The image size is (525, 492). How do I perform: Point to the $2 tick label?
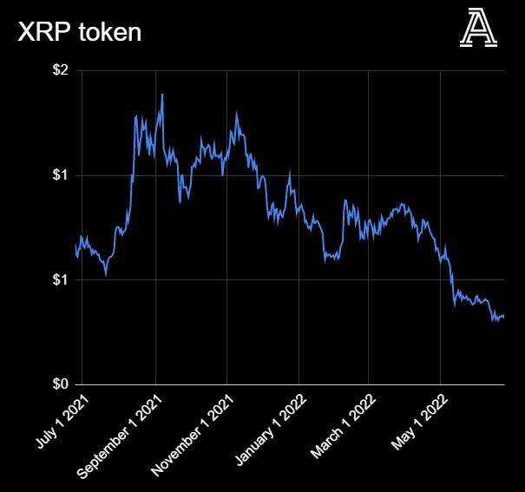[59, 70]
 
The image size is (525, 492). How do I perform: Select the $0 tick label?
[59, 384]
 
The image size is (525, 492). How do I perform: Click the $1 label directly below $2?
[59, 175]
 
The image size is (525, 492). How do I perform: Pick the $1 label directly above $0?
[59, 279]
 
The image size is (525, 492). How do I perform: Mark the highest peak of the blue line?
[162, 95]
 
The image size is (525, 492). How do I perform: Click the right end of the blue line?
[504, 315]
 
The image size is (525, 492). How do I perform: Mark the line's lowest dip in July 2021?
[106, 275]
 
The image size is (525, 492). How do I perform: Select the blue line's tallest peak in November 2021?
[237, 112]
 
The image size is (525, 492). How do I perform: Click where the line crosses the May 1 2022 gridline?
[440, 253]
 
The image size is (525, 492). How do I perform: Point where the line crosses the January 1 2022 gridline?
[299, 208]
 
